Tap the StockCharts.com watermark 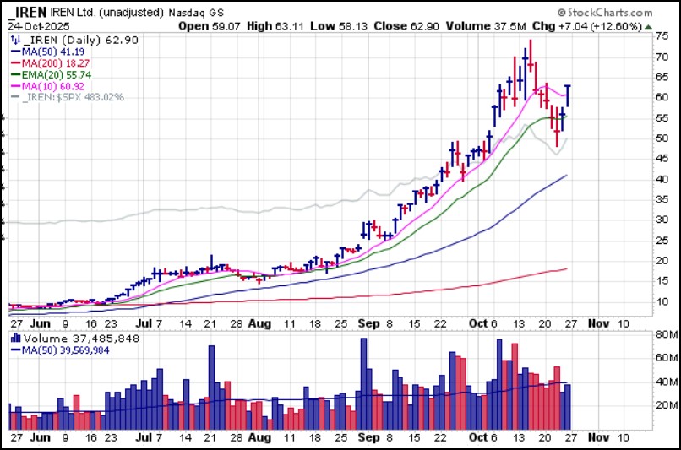pos(605,13)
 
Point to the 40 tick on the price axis pos(663,179)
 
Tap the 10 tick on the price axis pos(663,301)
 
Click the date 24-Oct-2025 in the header pos(40,25)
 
